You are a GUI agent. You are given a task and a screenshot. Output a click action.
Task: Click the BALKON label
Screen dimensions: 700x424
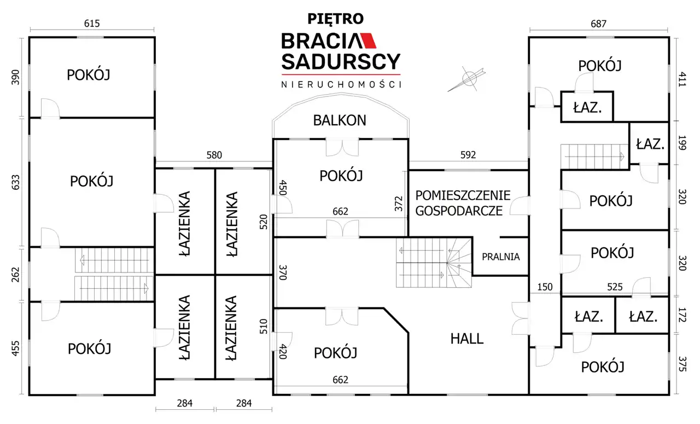click(340, 120)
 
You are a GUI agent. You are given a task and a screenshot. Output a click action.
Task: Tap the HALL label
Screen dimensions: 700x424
click(467, 339)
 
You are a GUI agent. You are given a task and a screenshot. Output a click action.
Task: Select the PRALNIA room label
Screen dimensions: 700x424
click(500, 257)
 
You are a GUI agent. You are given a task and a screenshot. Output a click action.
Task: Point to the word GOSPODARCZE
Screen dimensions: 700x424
click(459, 211)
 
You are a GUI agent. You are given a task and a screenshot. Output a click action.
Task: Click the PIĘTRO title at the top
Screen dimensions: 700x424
click(336, 19)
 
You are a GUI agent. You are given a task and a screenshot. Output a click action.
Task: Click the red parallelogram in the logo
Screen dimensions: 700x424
click(368, 40)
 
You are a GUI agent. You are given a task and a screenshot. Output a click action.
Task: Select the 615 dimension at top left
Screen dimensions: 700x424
click(92, 24)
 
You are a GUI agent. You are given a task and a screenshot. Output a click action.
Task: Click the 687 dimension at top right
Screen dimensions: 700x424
click(598, 24)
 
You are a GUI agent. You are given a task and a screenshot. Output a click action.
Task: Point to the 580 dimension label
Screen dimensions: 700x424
click(214, 155)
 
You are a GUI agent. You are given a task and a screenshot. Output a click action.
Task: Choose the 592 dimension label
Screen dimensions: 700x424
click(468, 155)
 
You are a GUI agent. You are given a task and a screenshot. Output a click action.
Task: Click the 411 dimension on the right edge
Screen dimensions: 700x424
click(683, 79)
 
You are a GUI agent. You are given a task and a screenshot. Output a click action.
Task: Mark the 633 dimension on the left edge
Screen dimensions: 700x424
click(15, 183)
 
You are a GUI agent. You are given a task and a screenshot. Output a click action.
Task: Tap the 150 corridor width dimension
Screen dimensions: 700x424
click(545, 287)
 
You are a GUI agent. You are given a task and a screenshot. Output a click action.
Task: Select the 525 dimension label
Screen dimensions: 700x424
click(615, 287)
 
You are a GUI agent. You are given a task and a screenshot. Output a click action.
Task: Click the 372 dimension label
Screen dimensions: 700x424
click(399, 204)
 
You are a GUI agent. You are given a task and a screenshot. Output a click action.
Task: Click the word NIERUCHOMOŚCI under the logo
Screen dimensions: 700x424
click(341, 84)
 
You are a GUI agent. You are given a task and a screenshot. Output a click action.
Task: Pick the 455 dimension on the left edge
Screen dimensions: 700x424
click(15, 349)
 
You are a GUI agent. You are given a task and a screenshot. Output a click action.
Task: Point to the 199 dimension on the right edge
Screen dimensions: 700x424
click(683, 143)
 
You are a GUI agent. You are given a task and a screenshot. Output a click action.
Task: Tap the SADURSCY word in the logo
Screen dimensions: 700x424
click(341, 62)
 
